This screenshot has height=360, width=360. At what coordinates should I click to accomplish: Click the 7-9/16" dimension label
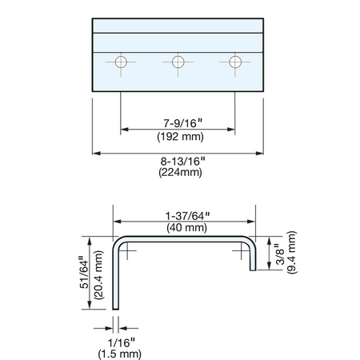point(183,123)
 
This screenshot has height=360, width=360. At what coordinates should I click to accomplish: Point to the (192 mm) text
point(180,137)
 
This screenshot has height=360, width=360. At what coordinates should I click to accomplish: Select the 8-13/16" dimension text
point(183,161)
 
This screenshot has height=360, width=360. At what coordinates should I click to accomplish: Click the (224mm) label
point(180,172)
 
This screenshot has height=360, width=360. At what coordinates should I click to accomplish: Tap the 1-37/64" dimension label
point(187,216)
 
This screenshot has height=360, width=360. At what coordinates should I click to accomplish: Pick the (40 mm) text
point(186,228)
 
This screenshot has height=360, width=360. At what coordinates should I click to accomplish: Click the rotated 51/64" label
point(84,272)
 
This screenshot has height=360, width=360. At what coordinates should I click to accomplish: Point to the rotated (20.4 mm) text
point(98,275)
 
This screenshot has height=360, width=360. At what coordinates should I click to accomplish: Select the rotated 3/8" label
point(281,254)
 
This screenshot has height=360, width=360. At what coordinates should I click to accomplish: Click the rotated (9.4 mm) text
point(292,252)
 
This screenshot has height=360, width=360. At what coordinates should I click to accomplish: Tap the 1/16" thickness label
point(122,342)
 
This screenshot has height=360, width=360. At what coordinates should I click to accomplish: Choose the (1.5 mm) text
point(120,354)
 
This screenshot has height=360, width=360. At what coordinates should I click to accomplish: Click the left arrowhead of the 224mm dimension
point(96,154)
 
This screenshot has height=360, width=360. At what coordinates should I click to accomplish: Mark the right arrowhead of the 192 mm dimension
point(231,130)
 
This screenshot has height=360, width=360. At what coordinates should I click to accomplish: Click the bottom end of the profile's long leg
point(115,309)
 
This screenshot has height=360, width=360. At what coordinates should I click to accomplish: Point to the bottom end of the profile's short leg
point(253,270)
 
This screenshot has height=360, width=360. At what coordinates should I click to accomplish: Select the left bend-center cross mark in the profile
point(127,250)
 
